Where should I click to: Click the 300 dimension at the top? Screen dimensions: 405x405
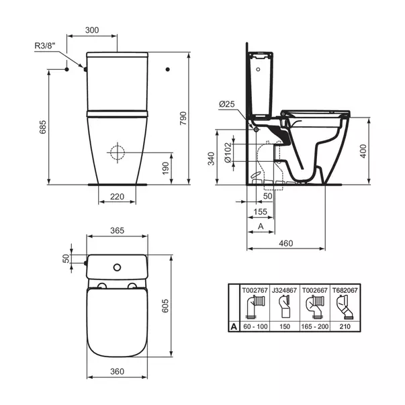pos(93,31)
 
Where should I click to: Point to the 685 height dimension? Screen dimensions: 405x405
pos(42,127)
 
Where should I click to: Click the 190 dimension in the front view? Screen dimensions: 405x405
pos(164,167)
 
